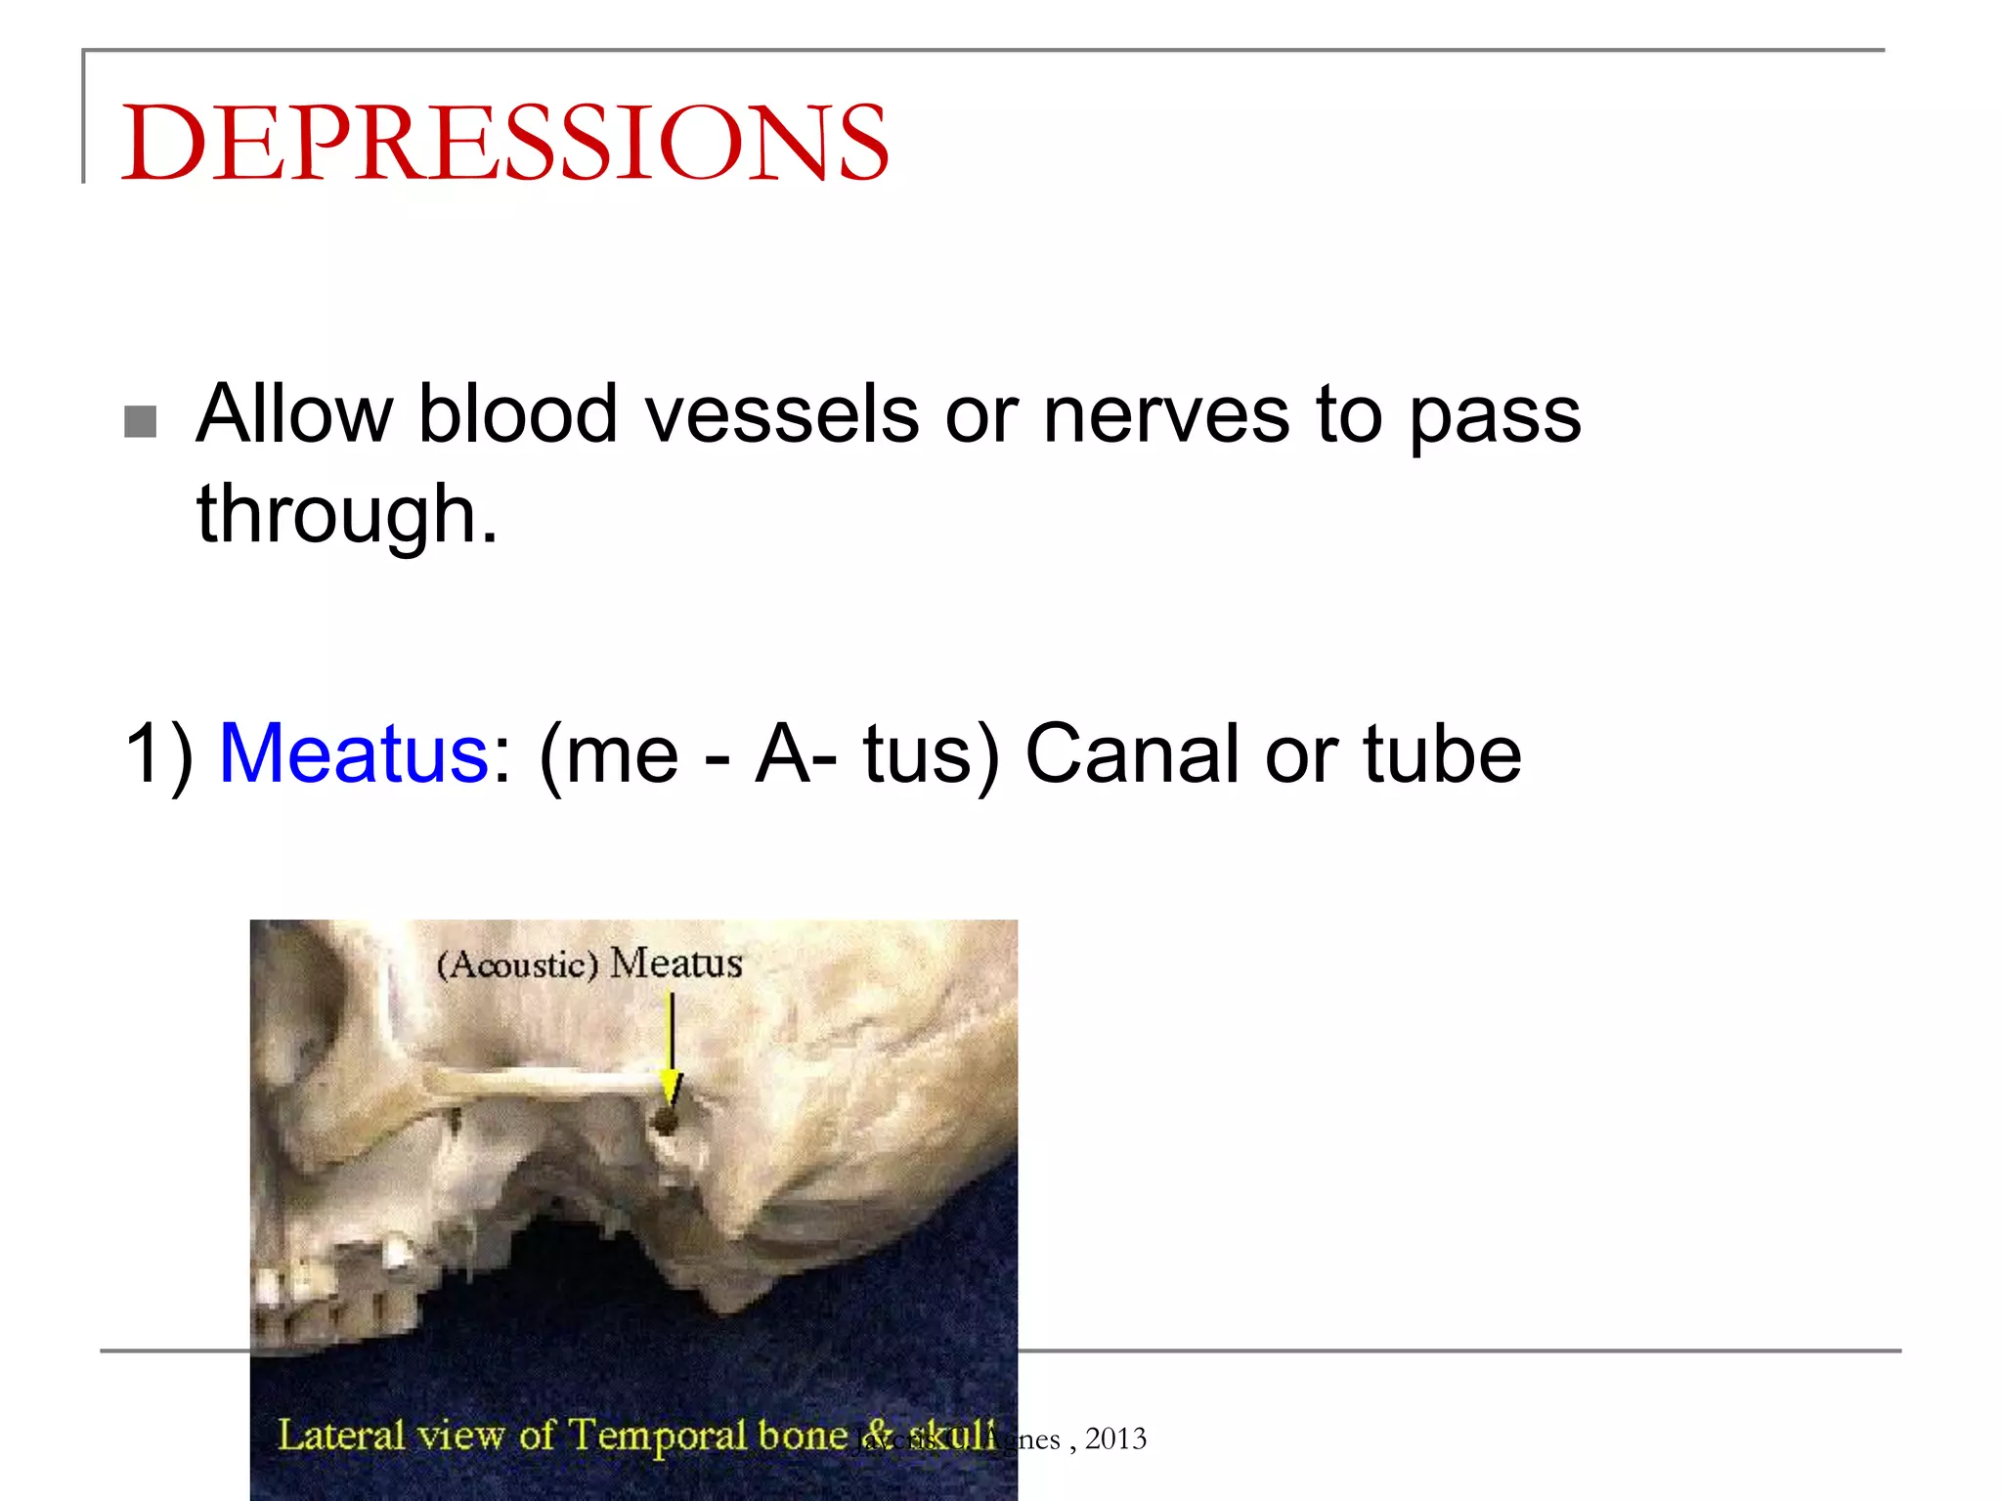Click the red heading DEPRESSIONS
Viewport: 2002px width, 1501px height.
click(x=504, y=143)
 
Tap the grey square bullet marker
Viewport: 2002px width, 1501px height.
click(x=141, y=422)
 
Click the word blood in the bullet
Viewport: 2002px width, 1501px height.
click(x=518, y=414)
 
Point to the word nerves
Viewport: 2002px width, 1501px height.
click(x=1165, y=414)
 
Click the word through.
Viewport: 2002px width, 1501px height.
click(x=347, y=515)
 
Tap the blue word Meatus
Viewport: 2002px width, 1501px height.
click(x=354, y=753)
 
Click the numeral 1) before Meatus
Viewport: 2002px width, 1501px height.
click(x=159, y=753)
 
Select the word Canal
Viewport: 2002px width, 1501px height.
click(x=1133, y=753)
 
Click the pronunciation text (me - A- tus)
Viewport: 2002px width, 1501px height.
click(x=768, y=753)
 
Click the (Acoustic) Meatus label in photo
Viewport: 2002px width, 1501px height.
click(x=589, y=964)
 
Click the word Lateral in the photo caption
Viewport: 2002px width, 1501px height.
click(x=341, y=1435)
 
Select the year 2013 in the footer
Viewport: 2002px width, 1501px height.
click(x=1115, y=1438)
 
